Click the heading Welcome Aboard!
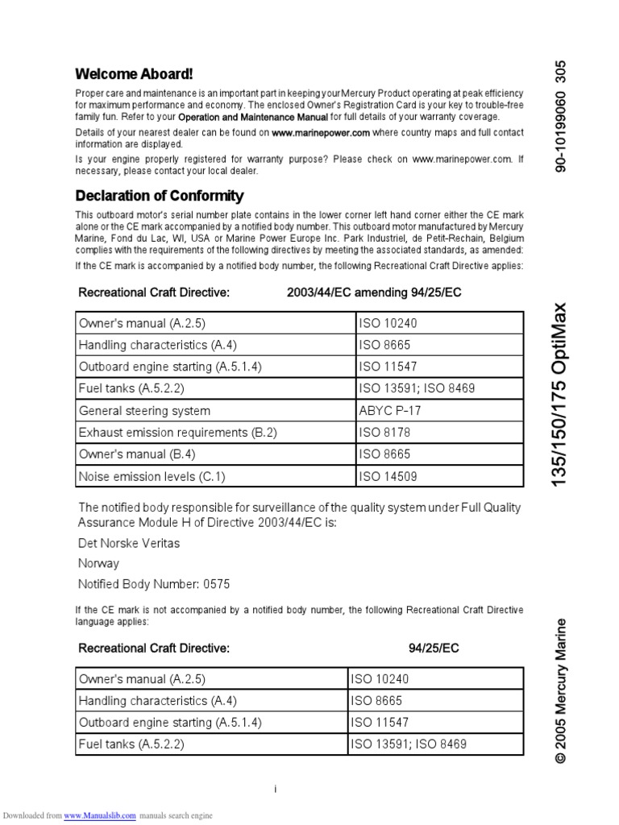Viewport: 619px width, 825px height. click(134, 74)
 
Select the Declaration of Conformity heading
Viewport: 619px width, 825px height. click(159, 196)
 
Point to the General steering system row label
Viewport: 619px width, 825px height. click(144, 410)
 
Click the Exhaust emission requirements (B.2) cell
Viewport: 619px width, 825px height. click(177, 433)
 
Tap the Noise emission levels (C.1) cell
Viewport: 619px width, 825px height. click(152, 476)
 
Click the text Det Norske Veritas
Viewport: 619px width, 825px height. click(129, 543)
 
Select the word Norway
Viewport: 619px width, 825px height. click(98, 563)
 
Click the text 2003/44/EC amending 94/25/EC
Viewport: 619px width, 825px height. click(374, 292)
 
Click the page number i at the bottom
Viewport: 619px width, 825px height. click(275, 789)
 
